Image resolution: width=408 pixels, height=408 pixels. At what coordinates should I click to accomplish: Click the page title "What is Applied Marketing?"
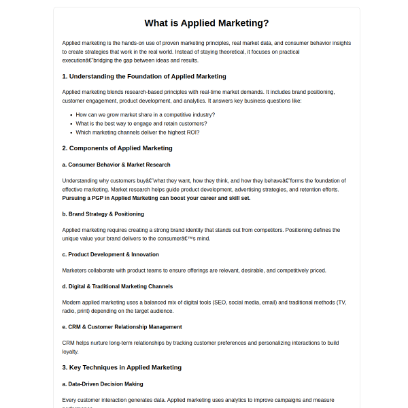(207, 22)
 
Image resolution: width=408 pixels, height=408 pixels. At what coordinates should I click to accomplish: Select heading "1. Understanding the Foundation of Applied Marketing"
(143, 76)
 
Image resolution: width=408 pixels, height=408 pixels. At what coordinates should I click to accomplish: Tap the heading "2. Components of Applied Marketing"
(117, 148)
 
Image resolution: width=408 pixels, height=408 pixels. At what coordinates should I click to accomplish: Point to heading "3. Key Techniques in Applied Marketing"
(122, 367)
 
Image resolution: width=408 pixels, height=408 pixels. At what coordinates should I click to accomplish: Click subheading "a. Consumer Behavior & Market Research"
(119, 165)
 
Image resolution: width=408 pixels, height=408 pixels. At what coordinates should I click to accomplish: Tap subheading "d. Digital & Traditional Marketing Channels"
(117, 286)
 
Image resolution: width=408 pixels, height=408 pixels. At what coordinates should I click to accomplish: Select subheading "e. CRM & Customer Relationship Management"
(122, 326)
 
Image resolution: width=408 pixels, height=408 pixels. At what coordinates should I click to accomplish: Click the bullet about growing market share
(145, 115)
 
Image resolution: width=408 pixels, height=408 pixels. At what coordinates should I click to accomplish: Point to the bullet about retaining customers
(141, 124)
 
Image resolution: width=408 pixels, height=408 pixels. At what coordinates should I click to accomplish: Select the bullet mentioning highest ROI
(137, 133)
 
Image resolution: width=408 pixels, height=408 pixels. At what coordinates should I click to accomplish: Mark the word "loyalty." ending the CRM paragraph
(71, 352)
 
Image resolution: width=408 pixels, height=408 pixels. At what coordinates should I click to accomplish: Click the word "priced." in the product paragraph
(318, 270)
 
